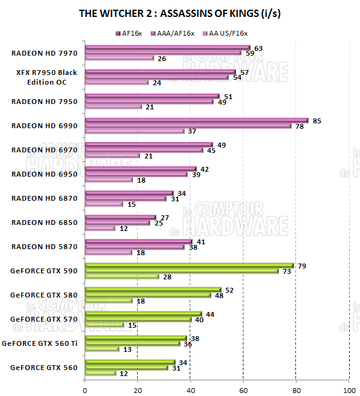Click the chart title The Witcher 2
coord(179,13)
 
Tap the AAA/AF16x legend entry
coord(176,33)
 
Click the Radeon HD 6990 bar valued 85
coord(197,120)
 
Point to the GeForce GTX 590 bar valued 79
coord(189,265)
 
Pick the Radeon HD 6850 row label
coord(44,222)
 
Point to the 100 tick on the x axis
coord(349,388)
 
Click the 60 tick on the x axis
coord(243,388)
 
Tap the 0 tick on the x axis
coord(85,388)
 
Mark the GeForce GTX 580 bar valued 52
coord(153,290)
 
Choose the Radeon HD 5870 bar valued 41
coord(139,241)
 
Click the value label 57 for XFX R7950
coord(245,72)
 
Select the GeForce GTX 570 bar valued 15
coord(104,325)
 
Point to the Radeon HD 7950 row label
coord(44,102)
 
